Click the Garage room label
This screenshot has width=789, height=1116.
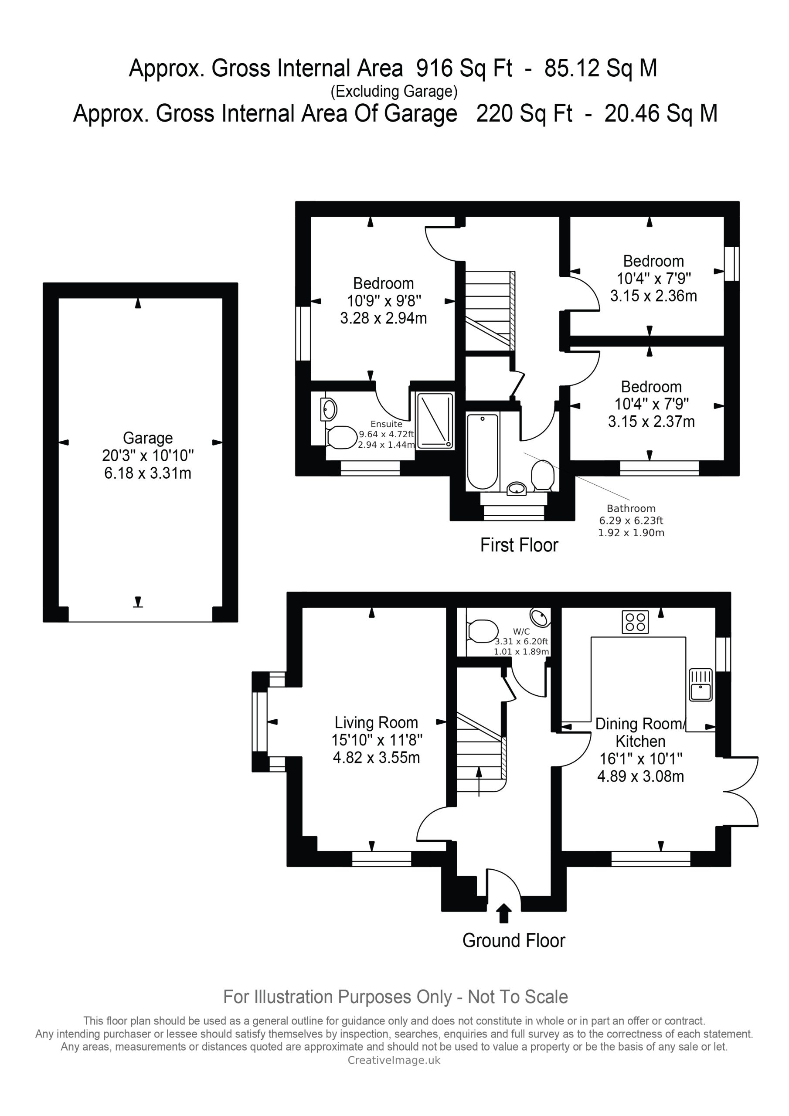coord(147,438)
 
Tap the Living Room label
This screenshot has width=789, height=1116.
coord(376,723)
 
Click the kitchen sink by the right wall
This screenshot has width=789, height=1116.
coord(701,685)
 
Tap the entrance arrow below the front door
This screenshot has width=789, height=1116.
coord(503,913)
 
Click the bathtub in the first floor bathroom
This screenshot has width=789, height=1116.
coord(482,451)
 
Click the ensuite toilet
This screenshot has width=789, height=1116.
coord(341,437)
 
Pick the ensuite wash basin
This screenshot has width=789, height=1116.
coord(329,409)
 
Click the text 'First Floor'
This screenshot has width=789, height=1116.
coord(519,545)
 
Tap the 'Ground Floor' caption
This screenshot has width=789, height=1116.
coord(514,940)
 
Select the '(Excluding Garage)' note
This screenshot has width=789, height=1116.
coord(394,92)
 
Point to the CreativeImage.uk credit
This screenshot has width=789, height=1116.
coord(394,1060)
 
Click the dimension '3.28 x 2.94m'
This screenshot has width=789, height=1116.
coord(384,318)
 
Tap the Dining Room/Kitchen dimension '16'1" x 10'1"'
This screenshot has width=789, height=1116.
coord(641,758)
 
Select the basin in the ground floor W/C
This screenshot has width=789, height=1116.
coord(540,617)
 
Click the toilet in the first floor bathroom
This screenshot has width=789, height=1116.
coord(543,475)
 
